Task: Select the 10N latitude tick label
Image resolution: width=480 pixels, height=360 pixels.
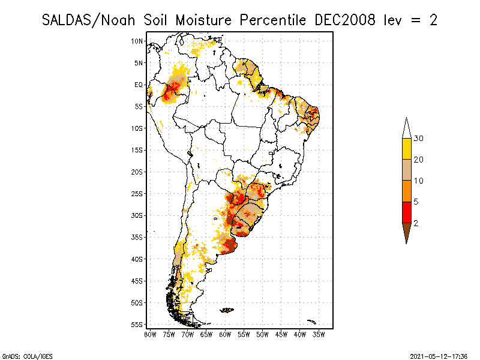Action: pyautogui.click(x=137, y=41)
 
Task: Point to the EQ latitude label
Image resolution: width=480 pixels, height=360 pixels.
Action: pyautogui.click(x=138, y=85)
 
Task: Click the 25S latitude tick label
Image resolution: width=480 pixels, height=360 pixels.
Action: pyautogui.click(x=137, y=193)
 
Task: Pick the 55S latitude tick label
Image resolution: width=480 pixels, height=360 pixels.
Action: pyautogui.click(x=137, y=324)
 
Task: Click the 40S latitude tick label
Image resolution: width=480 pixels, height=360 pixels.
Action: pyautogui.click(x=137, y=259)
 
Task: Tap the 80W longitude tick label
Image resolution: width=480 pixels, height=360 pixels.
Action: pyautogui.click(x=150, y=334)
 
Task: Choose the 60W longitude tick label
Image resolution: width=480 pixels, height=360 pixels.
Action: pyautogui.click(x=225, y=334)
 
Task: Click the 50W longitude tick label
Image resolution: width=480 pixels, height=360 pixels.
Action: pyautogui.click(x=262, y=334)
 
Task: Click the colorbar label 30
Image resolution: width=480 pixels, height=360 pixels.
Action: pyautogui.click(x=419, y=139)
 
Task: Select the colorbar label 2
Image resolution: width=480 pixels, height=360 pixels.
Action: pyautogui.click(x=416, y=223)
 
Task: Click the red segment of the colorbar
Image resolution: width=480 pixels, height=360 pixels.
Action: pyautogui.click(x=406, y=212)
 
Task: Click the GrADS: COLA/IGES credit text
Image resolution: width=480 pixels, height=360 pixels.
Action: pyautogui.click(x=22, y=355)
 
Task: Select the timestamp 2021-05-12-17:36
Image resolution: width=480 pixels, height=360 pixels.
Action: pyautogui.click(x=439, y=355)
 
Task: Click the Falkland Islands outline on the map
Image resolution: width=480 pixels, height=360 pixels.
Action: pyautogui.click(x=227, y=310)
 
